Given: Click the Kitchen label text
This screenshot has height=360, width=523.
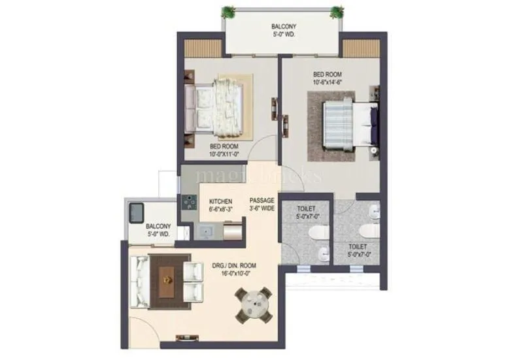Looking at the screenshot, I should pyautogui.click(x=220, y=201).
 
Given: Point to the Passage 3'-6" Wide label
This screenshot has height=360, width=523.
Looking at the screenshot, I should pyautogui.click(x=261, y=205).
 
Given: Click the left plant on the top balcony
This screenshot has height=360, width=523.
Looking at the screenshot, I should pyautogui.click(x=228, y=11).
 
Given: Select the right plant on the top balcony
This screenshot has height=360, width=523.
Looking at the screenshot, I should pyautogui.click(x=337, y=11).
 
